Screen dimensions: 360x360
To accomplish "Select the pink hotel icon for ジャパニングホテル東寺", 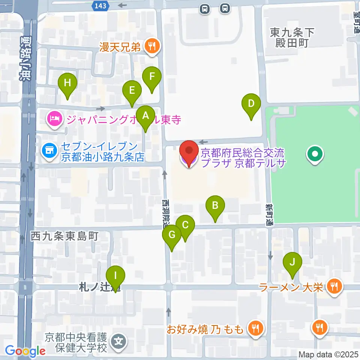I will click(x=54, y=120).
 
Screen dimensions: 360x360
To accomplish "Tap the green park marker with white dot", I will click(x=315, y=154).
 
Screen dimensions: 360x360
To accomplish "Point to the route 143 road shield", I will click(x=100, y=5).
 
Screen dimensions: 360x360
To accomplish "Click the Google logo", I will click(x=25, y=351).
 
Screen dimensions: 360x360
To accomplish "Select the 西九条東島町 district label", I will click(x=64, y=236).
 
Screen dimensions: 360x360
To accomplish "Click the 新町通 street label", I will click(x=270, y=214).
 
